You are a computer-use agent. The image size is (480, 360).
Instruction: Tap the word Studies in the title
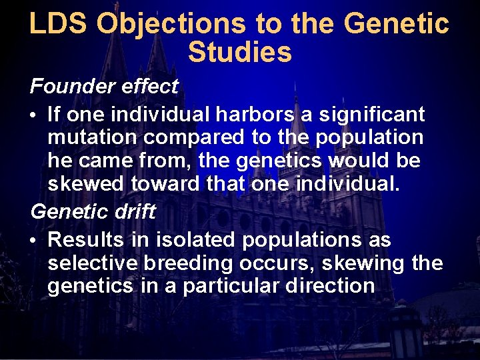pos(240,53)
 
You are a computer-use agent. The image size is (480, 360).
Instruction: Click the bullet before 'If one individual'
pos(34,115)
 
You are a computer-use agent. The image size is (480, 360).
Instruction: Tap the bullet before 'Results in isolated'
pos(34,240)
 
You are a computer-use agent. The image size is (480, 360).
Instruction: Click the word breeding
pos(187,263)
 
